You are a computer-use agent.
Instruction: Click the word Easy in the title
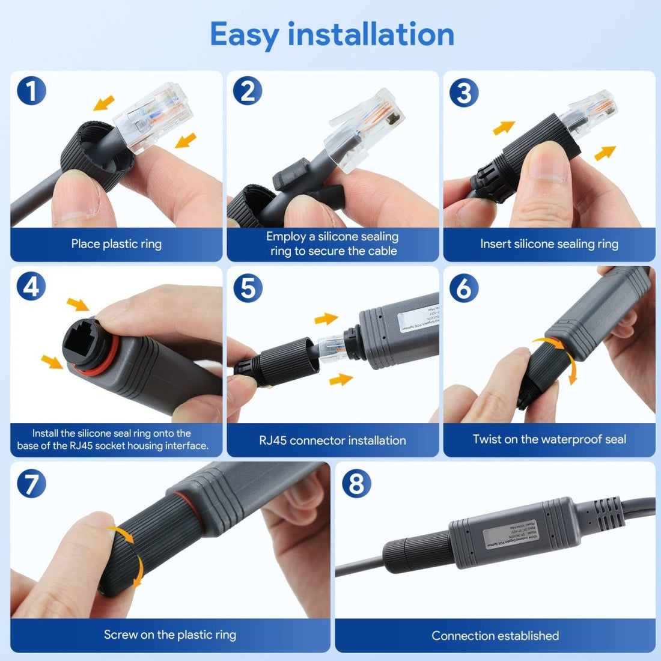tap(245, 34)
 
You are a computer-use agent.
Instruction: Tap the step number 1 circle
tap(31, 91)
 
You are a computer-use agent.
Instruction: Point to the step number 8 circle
tap(356, 483)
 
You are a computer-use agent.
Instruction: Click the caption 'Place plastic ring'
tap(116, 244)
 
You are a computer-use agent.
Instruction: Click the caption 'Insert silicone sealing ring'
tap(549, 244)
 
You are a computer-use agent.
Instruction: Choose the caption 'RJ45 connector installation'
tap(332, 440)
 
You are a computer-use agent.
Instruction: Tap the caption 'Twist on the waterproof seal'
tap(549, 439)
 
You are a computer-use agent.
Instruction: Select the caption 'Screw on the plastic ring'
tap(169, 635)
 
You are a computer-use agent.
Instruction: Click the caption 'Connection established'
tap(495, 636)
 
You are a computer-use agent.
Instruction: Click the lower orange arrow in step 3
tap(605, 153)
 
